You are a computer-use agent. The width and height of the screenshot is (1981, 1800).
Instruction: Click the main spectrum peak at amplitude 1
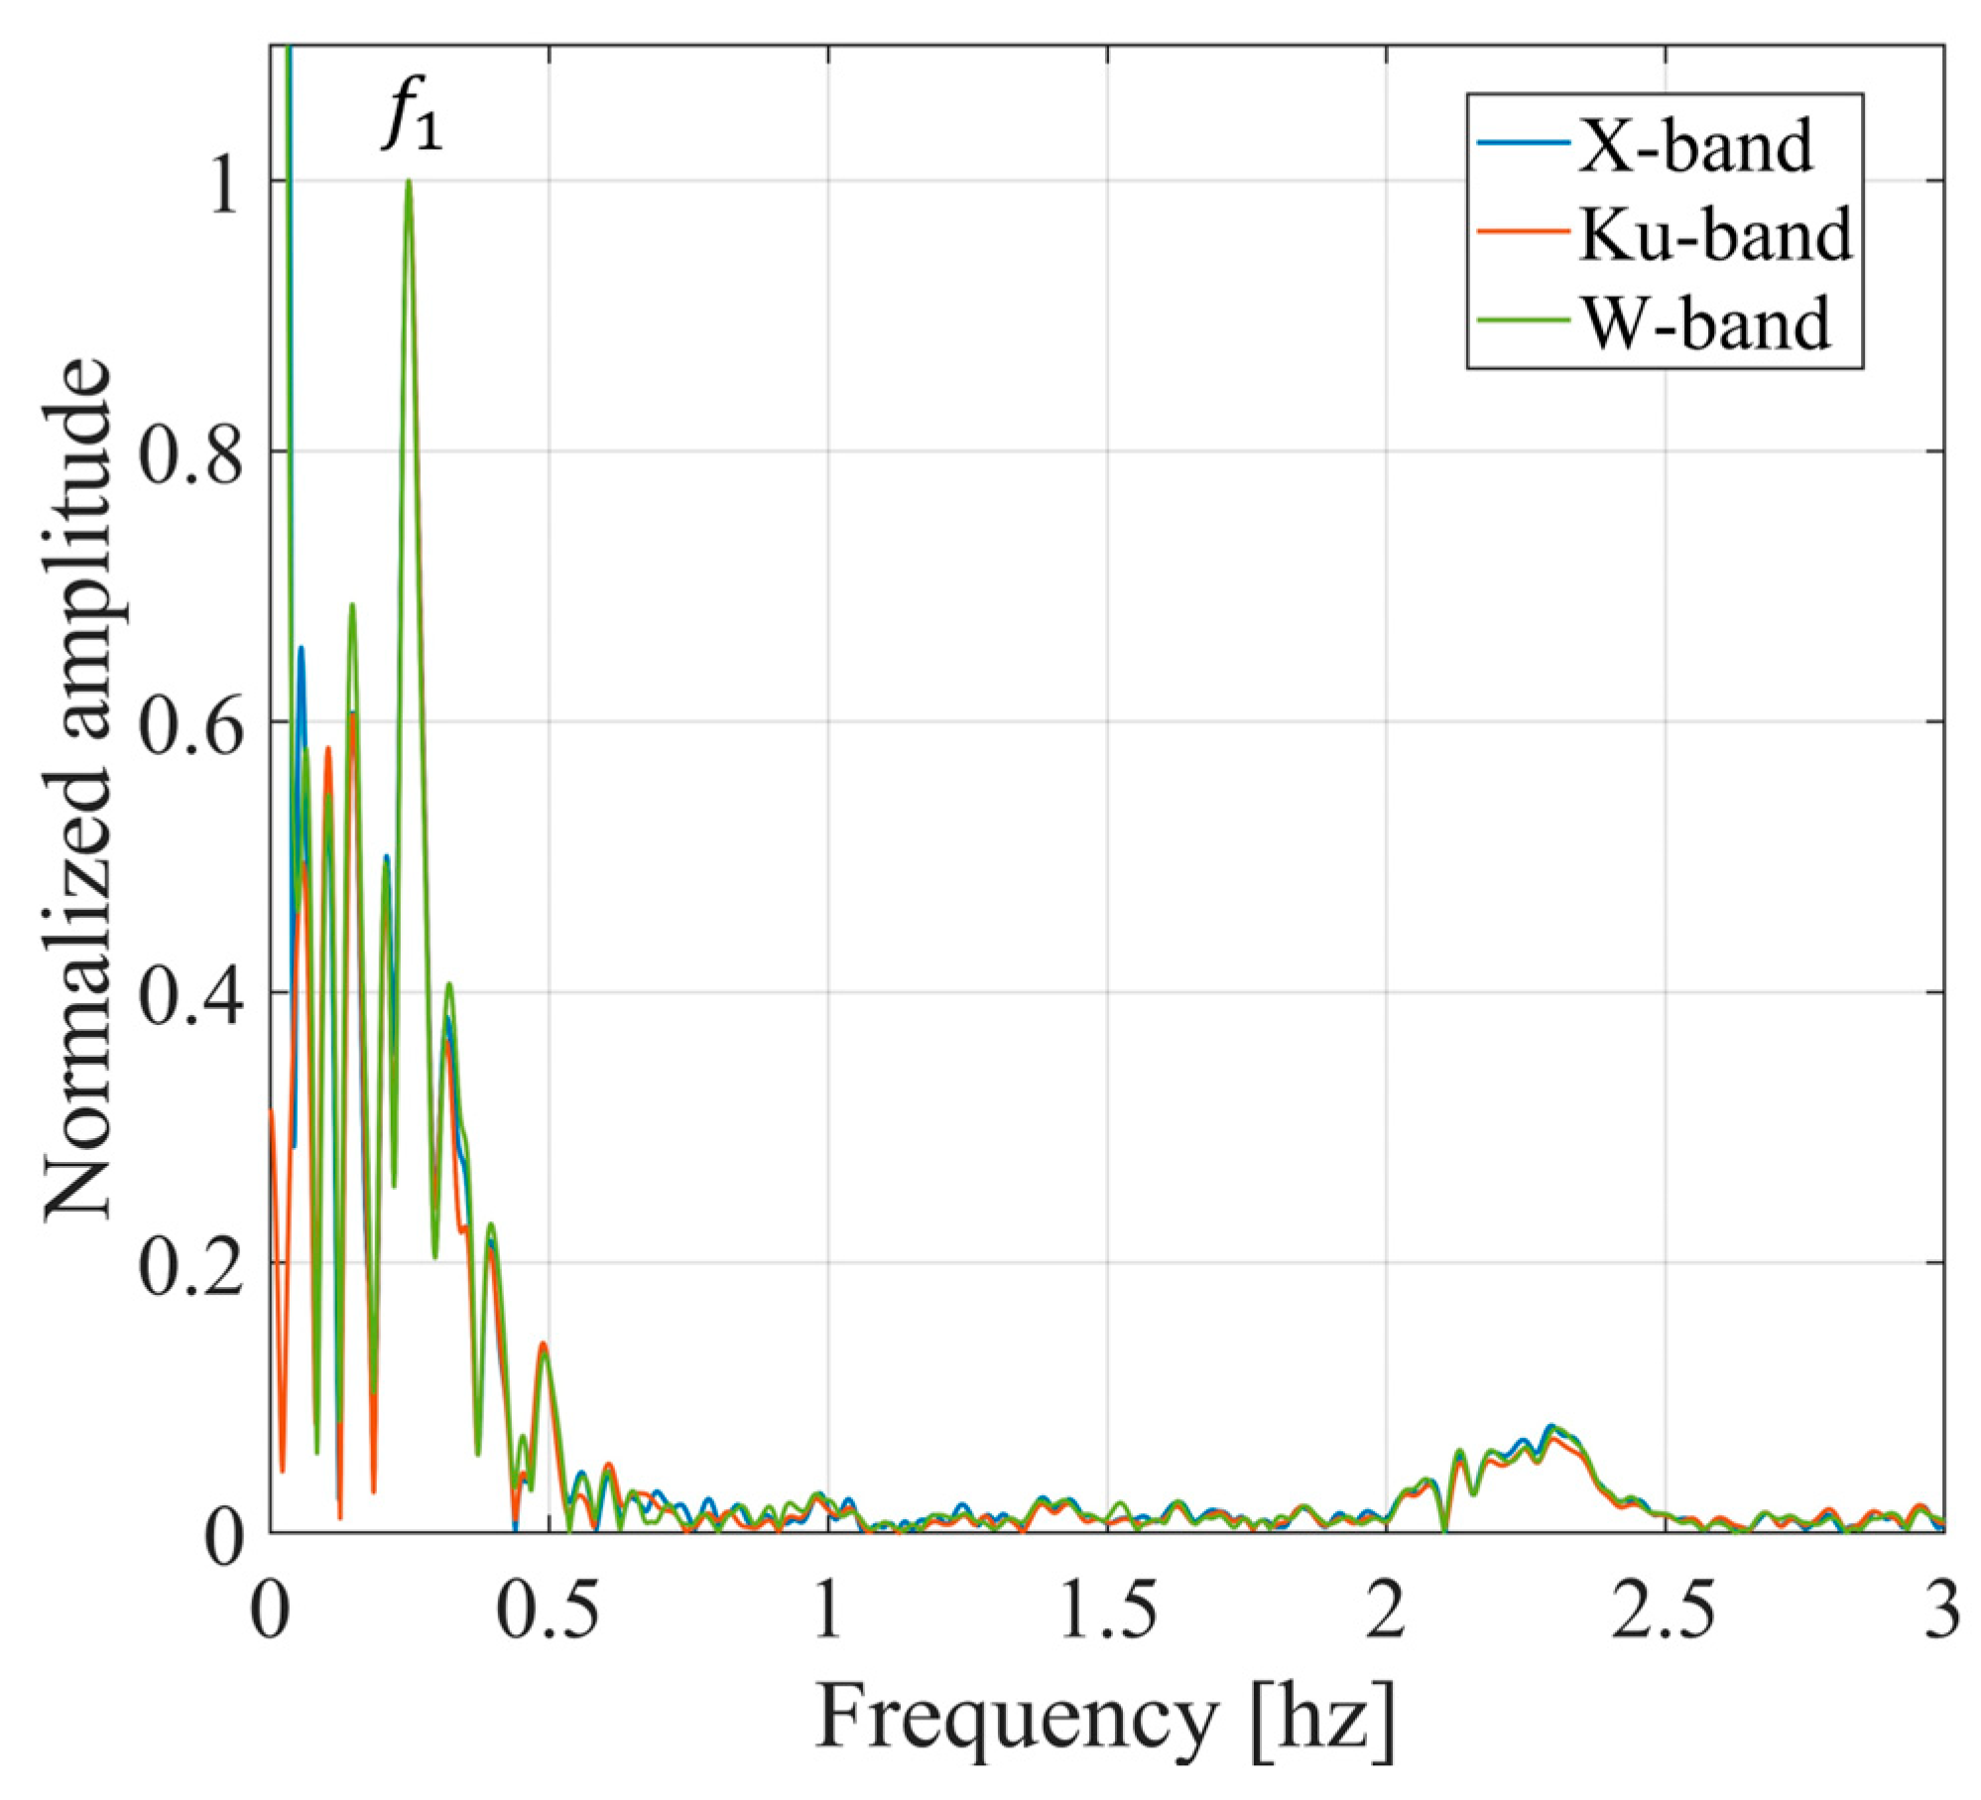coord(408,183)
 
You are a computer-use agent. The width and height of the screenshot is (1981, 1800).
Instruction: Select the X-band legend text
coord(1694,146)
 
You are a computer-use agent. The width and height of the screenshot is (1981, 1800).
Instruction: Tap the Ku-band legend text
coord(1714,235)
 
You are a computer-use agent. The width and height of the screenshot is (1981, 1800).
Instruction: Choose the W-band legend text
coord(1704,323)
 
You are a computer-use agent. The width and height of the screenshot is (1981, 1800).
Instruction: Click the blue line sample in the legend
coord(1523,145)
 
